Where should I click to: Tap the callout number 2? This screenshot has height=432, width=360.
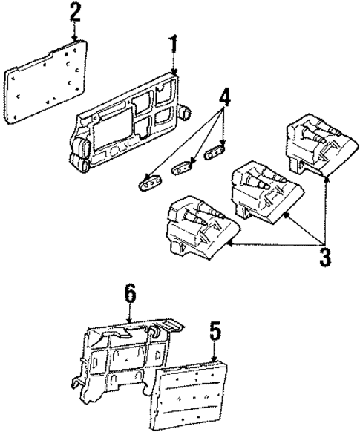[x=75, y=13]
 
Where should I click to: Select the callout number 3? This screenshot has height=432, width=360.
[x=324, y=258]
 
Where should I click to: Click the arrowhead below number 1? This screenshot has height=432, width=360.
[x=174, y=73]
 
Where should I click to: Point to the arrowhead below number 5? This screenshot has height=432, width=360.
[x=214, y=359]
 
